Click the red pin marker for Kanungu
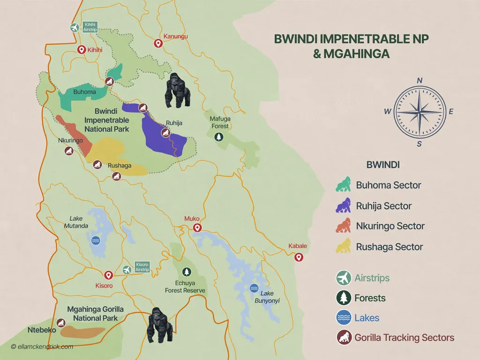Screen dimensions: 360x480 click(158, 44)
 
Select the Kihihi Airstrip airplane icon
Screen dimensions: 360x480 click(74, 27)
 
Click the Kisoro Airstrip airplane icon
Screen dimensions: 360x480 click(127, 270)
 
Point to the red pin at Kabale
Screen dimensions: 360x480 click(298, 257)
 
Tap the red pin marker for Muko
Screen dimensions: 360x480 click(197, 228)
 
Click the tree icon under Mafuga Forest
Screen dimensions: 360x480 click(218, 137)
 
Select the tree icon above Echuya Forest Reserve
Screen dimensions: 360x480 click(187, 272)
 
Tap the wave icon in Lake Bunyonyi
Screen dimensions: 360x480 click(254, 287)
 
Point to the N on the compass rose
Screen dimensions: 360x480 click(420, 81)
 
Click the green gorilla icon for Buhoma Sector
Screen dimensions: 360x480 click(345, 184)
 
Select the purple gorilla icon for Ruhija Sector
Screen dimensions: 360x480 click(345, 205)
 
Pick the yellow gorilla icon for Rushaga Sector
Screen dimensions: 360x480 click(345, 246)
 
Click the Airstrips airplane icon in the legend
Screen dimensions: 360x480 click(345, 278)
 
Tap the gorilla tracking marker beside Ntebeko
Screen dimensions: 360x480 click(60, 322)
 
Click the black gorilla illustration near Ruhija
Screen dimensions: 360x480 click(178, 91)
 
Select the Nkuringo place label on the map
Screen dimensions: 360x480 click(70, 141)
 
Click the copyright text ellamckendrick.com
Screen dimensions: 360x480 click(42, 347)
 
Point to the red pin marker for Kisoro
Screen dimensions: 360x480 click(108, 275)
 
